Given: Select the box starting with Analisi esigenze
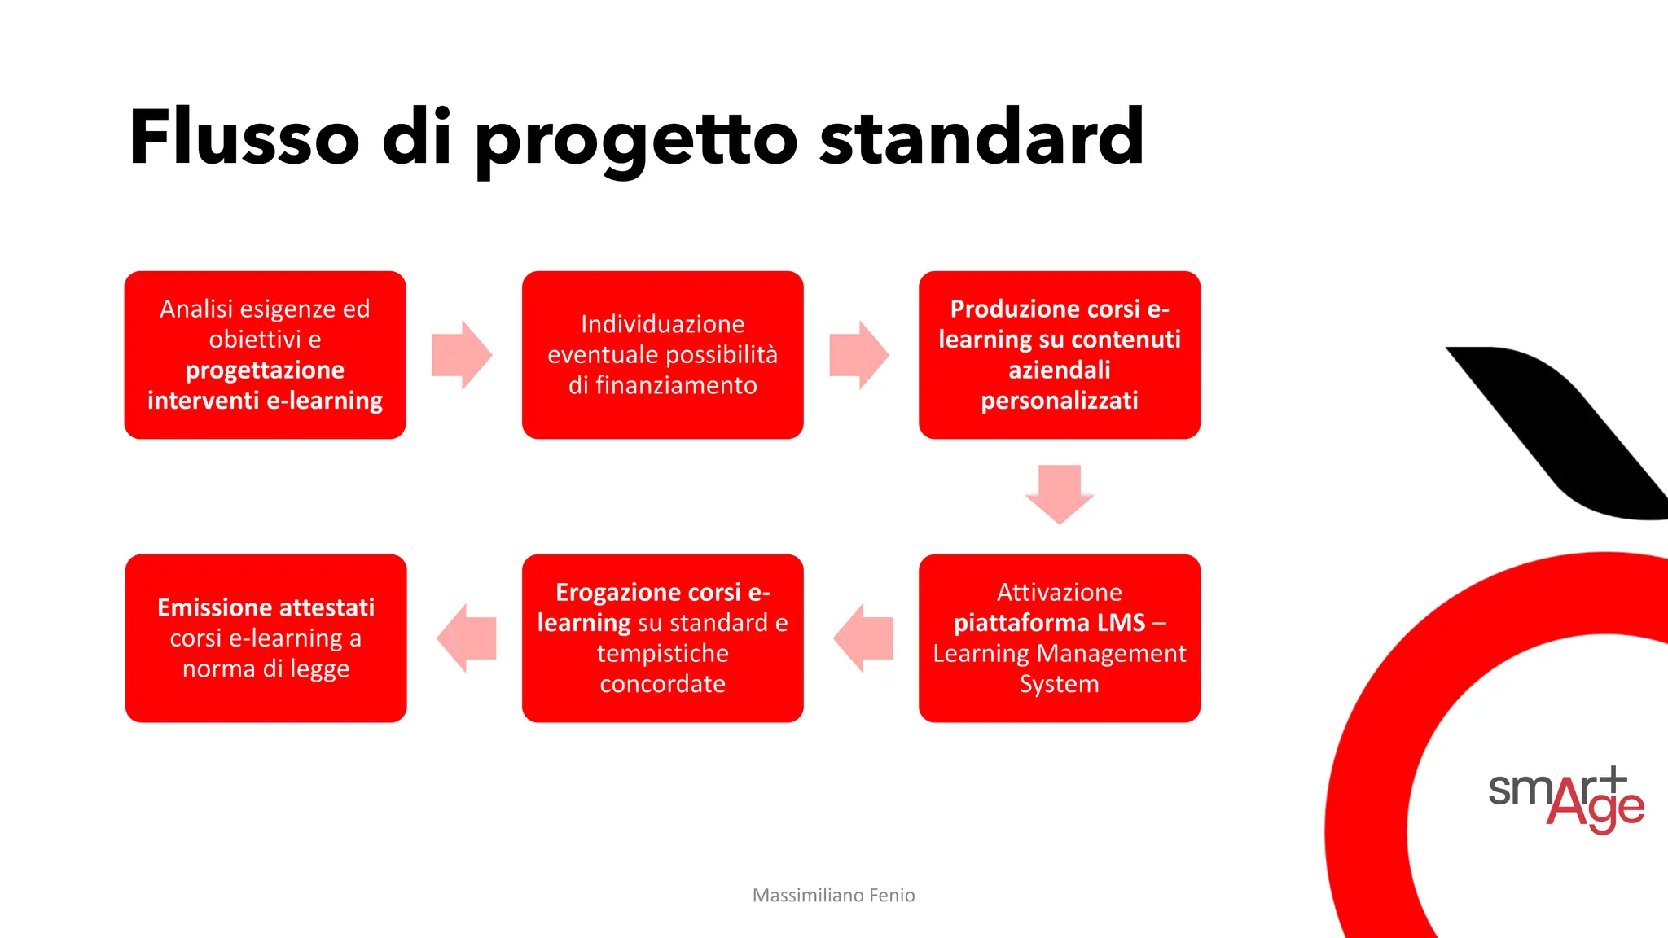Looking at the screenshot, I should (x=265, y=355).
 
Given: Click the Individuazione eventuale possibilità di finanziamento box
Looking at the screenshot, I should (x=662, y=355).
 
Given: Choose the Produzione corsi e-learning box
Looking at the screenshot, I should (x=1059, y=355).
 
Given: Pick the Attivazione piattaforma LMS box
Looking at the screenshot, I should (x=1059, y=638).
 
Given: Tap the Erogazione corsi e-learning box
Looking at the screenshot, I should (x=662, y=638).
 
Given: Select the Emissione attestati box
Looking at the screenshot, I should (x=266, y=638).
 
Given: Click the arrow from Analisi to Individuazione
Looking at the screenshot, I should (x=462, y=355).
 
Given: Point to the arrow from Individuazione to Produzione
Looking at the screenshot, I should (x=858, y=355).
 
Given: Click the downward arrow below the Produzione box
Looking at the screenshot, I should (x=1059, y=493).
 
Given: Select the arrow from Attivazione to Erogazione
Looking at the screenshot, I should (x=863, y=638).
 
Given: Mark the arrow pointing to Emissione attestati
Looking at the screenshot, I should (x=467, y=638).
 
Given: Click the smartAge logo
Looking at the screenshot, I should (x=1565, y=798).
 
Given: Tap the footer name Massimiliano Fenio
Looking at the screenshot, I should (x=833, y=896).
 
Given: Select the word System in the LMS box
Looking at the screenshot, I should (x=1059, y=684).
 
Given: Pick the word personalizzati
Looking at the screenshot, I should (x=1059, y=401).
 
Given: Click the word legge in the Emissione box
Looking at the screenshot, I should (x=319, y=669).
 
